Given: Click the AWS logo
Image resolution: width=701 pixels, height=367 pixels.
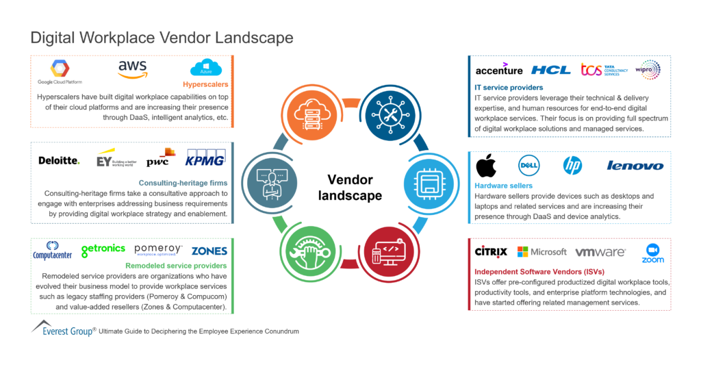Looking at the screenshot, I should point(132,69).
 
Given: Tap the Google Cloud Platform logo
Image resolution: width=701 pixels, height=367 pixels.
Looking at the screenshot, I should point(59,72).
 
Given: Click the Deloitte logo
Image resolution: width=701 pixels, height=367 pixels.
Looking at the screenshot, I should point(59,160).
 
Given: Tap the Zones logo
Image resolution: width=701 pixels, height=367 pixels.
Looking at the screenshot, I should point(209,251).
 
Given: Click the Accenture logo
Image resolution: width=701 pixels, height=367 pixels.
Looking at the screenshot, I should point(498,69).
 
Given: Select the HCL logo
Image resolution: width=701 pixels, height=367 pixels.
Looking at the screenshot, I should point(550,70).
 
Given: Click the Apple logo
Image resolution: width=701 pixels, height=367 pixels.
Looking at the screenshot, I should point(486,165).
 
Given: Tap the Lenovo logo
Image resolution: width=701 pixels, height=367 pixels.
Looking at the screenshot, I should point(635,166).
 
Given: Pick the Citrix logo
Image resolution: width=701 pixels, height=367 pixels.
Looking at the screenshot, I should point(491,252).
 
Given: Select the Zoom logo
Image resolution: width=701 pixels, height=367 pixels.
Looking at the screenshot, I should point(652,253).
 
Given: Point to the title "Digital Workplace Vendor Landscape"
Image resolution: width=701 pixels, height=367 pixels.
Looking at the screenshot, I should point(162,37).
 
